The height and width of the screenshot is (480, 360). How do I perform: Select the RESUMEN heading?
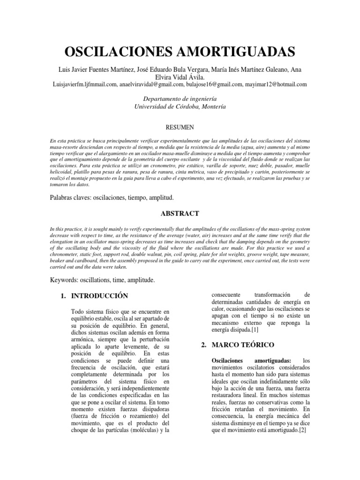pos(180,127)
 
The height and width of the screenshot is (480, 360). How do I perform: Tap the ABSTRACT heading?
pos(180,213)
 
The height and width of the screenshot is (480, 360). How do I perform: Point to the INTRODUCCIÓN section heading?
pos(99,296)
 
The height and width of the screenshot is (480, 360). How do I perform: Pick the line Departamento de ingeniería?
pos(180,98)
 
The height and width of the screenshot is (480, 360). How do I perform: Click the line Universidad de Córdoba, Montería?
pos(180,106)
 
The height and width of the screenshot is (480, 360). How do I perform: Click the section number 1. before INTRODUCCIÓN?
pos(64,296)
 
